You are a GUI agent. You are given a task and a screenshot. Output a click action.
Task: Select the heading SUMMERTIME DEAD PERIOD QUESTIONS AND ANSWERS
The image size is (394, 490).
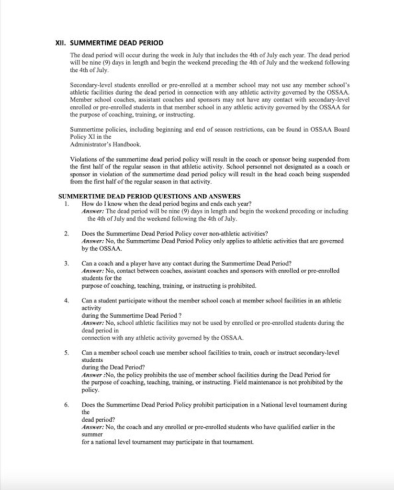click(149, 196)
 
